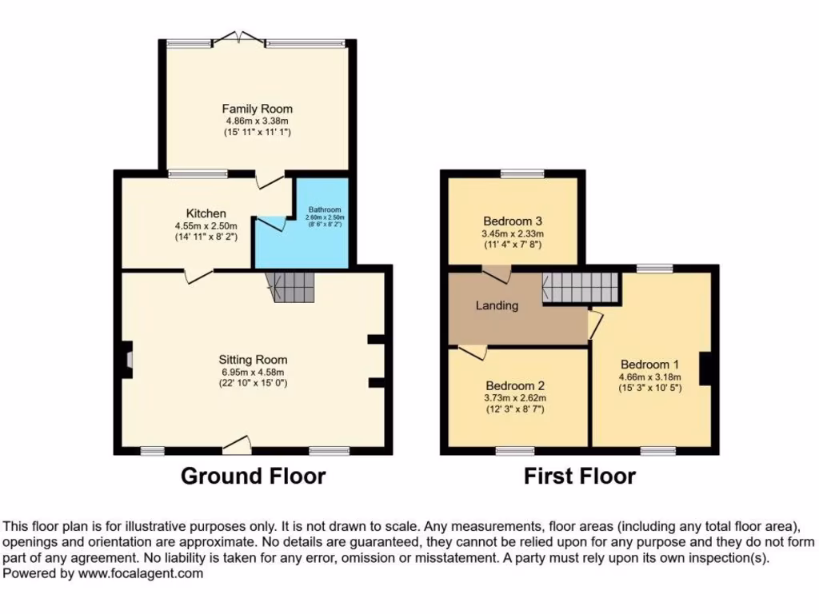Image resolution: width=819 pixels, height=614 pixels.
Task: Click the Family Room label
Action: [257, 109]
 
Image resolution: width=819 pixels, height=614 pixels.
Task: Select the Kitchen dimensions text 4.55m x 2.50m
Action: [206, 225]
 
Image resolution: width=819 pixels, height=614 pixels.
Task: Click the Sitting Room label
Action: [253, 360]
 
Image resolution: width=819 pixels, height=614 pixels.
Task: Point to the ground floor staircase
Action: [292, 286]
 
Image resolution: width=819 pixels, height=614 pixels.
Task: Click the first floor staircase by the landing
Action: [581, 287]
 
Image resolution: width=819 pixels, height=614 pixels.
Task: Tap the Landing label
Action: [497, 305]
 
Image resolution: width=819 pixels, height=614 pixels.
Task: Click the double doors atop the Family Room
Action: [238, 38]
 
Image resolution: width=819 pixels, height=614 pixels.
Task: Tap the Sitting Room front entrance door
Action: [238, 444]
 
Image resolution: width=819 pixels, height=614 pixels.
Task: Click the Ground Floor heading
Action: [253, 476]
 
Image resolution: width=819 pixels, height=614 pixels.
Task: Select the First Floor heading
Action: [579, 476]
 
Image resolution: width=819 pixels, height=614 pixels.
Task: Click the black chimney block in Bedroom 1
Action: [705, 369]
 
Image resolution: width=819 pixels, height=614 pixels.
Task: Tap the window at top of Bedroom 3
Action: [522, 173]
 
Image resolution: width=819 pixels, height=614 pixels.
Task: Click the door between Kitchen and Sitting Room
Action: [198, 274]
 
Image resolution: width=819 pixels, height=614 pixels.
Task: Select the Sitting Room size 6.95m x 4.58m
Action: [253, 372]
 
